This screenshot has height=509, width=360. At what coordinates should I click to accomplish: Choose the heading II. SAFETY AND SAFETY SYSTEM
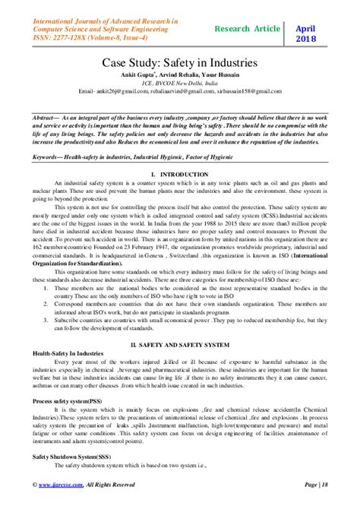click(x=180, y=343)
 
